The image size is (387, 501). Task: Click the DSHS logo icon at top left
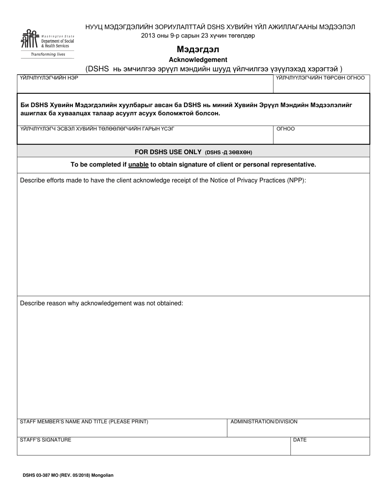tap(30, 40)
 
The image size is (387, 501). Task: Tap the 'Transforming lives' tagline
tap(48, 54)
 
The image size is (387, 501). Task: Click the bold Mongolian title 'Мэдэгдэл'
tap(198, 50)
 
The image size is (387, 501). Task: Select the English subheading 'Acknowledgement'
tap(198, 59)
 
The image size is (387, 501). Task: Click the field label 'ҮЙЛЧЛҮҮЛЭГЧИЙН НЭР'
tap(49, 78)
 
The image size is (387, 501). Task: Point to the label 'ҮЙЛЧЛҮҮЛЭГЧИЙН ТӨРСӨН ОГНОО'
tap(320, 78)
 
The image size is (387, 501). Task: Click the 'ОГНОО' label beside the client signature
tap(286, 129)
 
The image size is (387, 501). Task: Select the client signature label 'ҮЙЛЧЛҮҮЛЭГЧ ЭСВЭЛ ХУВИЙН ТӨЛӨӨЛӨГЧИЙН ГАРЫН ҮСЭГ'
tap(97, 129)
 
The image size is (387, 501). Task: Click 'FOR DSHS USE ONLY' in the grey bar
tap(168, 152)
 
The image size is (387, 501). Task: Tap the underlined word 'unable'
tap(138, 165)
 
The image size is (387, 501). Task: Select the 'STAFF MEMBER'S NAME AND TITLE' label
tap(84, 422)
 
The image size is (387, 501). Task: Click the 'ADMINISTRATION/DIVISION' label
tap(264, 422)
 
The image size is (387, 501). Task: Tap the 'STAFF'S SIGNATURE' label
tap(46, 439)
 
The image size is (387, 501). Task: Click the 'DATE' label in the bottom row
tap(300, 440)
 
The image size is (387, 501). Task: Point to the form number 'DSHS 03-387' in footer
tap(35, 475)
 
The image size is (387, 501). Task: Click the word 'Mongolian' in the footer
tap(102, 475)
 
